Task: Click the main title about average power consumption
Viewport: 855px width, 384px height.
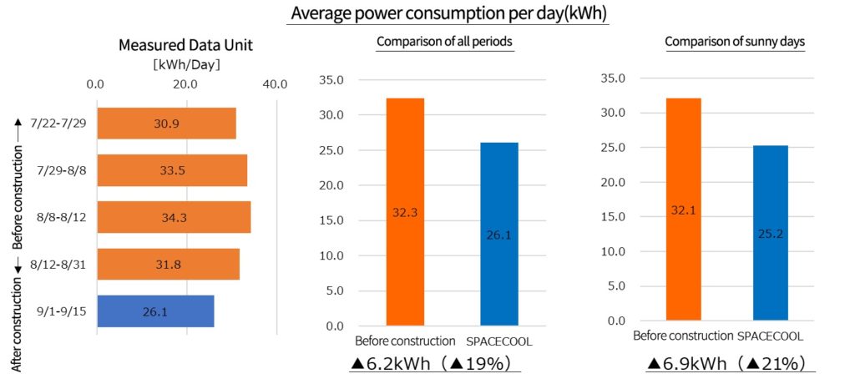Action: (448, 14)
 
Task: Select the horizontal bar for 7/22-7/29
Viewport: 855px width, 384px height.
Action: (166, 123)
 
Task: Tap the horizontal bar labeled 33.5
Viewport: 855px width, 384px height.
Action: (172, 170)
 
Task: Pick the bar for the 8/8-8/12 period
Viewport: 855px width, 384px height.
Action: (174, 217)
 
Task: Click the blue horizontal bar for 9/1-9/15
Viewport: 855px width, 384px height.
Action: (155, 311)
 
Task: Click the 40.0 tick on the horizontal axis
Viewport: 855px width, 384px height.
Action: (275, 83)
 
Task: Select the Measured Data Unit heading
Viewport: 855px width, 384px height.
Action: (173, 46)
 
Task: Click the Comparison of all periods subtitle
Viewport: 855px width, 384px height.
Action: (444, 42)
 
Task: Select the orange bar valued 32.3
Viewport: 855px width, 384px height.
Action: (405, 212)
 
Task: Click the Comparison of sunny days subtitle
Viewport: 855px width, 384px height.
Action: (735, 42)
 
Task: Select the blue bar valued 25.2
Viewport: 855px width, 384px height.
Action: (770, 233)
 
